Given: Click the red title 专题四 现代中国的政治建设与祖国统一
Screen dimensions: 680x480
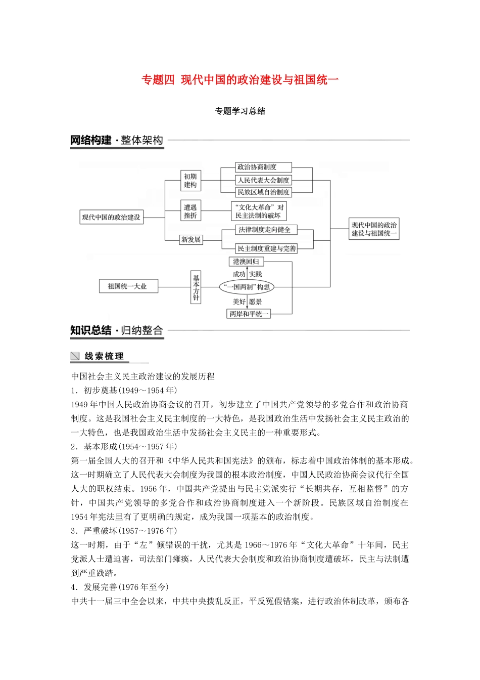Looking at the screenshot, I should tap(240, 79).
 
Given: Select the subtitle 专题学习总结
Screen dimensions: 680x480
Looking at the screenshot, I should tap(240, 111).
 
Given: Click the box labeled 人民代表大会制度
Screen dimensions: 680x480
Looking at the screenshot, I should tap(263, 180).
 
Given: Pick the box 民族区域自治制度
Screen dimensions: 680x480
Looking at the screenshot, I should tap(263, 192).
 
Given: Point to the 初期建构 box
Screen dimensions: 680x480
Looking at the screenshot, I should tap(190, 181).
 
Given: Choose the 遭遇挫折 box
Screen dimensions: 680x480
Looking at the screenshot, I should tap(190, 211).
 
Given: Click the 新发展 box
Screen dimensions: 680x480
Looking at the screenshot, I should tap(191, 239).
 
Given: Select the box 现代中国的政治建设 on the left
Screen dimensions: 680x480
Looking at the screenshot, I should tap(111, 217).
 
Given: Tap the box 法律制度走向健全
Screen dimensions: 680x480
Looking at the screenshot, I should tap(264, 230).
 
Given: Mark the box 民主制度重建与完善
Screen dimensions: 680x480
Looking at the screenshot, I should tap(266, 248).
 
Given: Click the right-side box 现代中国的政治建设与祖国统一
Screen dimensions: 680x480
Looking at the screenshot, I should tap(374, 229).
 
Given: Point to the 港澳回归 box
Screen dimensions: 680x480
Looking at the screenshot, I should tap(246, 262).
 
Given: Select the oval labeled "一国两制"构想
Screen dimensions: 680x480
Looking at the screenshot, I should tap(247, 287).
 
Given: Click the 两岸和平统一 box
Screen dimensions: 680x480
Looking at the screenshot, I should tap(249, 314).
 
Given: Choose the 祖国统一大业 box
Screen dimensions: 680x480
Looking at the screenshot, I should tap(127, 286).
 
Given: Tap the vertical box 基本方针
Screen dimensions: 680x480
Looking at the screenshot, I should tap(196, 288).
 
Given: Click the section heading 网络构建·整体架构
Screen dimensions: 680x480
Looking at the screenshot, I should tap(117, 140).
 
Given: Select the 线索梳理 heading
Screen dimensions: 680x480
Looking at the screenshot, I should tap(104, 356).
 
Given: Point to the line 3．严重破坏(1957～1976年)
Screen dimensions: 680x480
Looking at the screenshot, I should tap(124, 531).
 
